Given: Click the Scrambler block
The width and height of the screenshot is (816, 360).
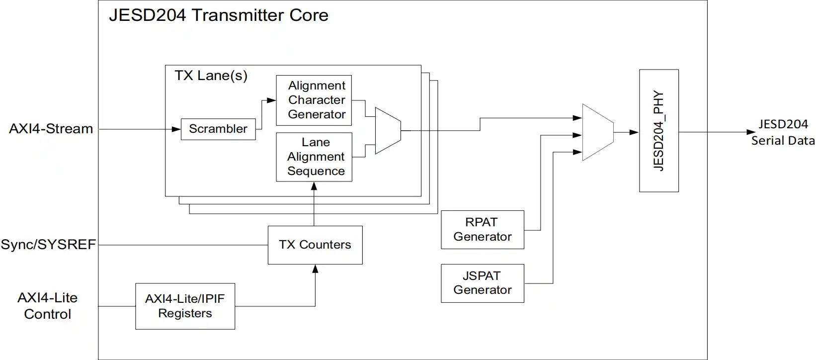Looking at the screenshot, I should click(x=218, y=129).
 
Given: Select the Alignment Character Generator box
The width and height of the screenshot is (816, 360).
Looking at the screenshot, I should click(x=314, y=100).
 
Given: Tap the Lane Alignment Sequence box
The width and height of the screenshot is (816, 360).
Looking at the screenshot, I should click(x=314, y=157).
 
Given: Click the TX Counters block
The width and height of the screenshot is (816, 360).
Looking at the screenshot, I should click(x=315, y=245).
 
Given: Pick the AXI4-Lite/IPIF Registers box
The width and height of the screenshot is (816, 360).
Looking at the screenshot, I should click(x=185, y=306).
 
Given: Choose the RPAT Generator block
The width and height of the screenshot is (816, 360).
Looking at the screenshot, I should click(x=482, y=230).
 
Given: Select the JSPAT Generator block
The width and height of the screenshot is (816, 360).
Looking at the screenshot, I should click(x=482, y=283).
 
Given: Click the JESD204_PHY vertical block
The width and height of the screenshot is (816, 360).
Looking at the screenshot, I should click(x=658, y=131).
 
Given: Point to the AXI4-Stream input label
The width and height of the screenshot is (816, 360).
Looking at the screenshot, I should click(x=51, y=129).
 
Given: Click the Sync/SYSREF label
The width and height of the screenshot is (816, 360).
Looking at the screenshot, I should click(x=48, y=245).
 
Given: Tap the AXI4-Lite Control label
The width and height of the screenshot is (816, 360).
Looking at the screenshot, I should click(x=48, y=306).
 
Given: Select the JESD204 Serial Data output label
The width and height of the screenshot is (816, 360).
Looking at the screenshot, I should click(x=782, y=132).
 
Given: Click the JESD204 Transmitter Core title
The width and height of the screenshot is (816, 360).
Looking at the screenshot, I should click(x=219, y=15).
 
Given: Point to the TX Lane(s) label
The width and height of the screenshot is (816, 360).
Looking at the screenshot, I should click(x=211, y=76).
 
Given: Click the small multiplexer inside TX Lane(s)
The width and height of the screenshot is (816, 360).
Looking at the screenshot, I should click(x=388, y=130).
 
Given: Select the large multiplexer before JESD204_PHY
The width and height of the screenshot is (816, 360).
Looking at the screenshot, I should click(x=597, y=132).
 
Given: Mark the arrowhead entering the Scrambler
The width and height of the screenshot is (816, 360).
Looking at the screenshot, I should click(x=176, y=129).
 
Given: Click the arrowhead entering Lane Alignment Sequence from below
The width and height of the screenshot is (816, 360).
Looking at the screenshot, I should click(x=314, y=186).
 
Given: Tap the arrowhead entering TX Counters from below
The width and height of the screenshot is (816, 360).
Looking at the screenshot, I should click(x=315, y=269).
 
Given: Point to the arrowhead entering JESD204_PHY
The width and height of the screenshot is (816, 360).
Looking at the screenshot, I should click(x=634, y=132).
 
